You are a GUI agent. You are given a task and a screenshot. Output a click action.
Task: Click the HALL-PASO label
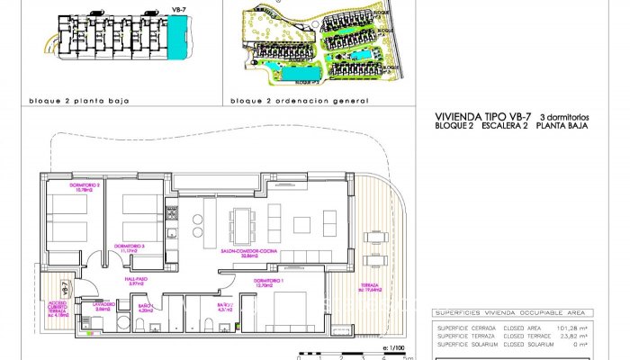click(x=136, y=283)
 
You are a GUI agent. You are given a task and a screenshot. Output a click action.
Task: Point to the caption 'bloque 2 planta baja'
click(x=79, y=101)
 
